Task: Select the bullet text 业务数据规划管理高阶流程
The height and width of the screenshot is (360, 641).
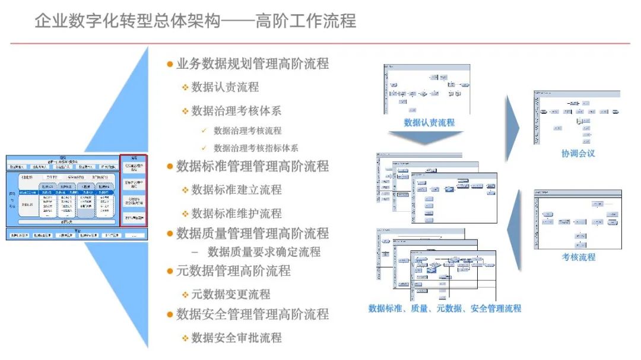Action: coord(252,63)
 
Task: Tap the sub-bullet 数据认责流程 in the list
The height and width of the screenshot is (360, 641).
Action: coord(225,87)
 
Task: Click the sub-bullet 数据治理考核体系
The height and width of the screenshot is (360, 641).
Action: coord(236,111)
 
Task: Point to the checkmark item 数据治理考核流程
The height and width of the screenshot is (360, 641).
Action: coord(247,130)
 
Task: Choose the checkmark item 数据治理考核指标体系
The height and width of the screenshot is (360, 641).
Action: coord(256,148)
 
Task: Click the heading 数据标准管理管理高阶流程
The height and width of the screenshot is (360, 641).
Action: coord(252,166)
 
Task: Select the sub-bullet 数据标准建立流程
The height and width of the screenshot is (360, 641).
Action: coord(236,190)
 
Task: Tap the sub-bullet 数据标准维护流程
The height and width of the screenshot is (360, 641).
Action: coord(236,214)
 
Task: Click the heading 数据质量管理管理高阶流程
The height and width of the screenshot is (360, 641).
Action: coord(252,233)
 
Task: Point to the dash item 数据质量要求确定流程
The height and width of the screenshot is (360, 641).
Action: coord(264,252)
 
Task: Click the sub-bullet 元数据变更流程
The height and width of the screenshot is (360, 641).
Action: coord(230,294)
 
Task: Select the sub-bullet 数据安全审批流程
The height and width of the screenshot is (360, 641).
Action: coord(236,337)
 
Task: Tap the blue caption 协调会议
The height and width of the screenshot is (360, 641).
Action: coord(578,154)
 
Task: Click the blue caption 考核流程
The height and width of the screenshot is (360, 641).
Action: coord(579,257)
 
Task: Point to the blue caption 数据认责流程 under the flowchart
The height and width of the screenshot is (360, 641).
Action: coord(429,123)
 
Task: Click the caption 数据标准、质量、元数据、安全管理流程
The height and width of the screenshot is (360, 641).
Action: coord(445,308)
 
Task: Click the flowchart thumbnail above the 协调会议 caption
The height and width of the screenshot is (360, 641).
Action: coord(577,117)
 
